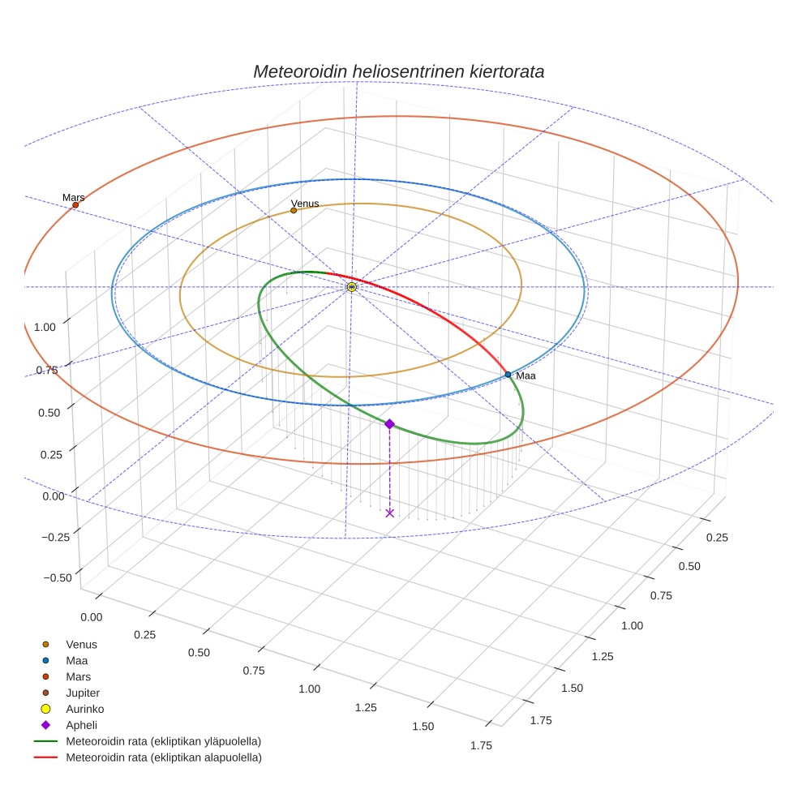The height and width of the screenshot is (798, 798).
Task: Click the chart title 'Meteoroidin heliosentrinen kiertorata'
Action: click(x=398, y=71)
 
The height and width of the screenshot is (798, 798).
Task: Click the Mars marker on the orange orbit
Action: click(x=75, y=205)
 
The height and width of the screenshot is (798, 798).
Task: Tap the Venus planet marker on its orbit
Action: click(x=294, y=211)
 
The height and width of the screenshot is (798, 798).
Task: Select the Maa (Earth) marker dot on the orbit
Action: click(x=508, y=374)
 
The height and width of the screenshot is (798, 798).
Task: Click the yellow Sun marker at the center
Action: click(x=351, y=287)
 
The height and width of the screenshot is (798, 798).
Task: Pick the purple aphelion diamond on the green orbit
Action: click(x=389, y=423)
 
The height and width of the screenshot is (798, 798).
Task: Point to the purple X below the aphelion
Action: click(x=389, y=513)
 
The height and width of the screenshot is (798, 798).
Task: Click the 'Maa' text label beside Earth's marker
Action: click(x=526, y=376)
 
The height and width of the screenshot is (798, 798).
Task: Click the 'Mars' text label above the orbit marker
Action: click(x=73, y=198)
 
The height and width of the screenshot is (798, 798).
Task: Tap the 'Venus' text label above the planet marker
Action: click(x=305, y=204)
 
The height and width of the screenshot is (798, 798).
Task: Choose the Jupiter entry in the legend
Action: click(x=83, y=693)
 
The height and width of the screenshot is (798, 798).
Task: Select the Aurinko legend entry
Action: click(x=84, y=709)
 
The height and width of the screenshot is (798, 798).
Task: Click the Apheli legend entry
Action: click(x=81, y=725)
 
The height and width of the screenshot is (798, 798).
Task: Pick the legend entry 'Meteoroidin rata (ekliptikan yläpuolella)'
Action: click(x=163, y=741)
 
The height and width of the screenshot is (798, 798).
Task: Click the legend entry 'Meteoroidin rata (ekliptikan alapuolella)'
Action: click(x=163, y=757)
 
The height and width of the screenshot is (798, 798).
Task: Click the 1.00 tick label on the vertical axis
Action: click(x=45, y=327)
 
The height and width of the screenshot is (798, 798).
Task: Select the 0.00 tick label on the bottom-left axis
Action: click(x=92, y=617)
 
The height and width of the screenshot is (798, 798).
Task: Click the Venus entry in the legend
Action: click(x=81, y=644)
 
